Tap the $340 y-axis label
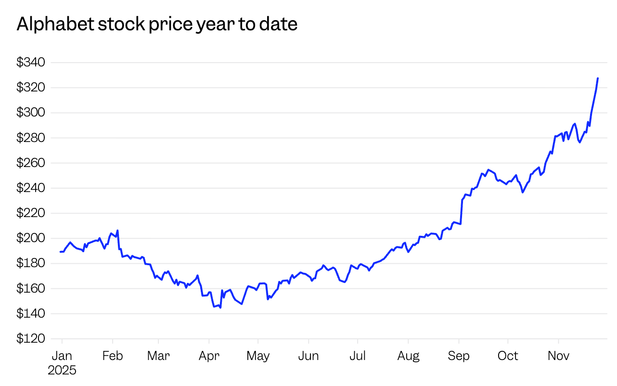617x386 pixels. click(x=31, y=63)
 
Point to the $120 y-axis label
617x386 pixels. click(x=31, y=339)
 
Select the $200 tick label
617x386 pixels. click(x=31, y=238)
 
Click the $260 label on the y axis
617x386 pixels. click(x=31, y=163)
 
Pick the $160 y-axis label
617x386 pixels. click(x=31, y=289)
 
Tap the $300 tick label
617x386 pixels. click(x=31, y=113)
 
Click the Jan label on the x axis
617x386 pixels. click(x=62, y=356)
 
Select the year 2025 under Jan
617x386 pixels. click(x=62, y=370)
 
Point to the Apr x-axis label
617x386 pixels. click(x=209, y=356)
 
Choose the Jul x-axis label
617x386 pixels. click(x=358, y=356)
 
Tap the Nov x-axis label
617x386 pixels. click(x=558, y=356)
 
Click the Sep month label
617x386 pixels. click(x=459, y=356)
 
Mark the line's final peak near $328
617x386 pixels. click(x=598, y=78)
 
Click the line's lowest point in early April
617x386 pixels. click(x=220, y=308)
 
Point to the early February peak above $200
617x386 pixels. click(x=117, y=231)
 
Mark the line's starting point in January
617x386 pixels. click(x=61, y=252)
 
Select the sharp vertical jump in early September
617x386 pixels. click(x=462, y=212)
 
